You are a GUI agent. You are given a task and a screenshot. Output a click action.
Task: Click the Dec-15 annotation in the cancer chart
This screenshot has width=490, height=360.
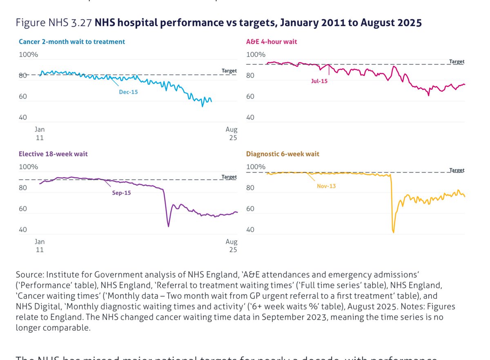128,92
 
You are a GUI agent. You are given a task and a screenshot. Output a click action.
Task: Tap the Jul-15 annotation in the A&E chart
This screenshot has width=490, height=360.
319,81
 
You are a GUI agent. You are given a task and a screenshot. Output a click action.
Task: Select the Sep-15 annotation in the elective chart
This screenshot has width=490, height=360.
121,193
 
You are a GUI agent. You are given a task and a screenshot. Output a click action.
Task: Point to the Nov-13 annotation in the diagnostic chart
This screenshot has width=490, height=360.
326,186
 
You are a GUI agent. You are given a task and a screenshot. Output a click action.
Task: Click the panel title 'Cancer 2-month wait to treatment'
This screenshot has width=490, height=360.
72,42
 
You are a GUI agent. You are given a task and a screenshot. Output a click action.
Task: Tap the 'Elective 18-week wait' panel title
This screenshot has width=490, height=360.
53,154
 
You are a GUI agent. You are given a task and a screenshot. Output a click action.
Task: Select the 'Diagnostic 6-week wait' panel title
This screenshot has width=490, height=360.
283,154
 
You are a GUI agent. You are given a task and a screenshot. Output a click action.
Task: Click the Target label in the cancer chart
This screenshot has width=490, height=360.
229,71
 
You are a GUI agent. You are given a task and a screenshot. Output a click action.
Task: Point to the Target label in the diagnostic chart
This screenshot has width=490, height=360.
457,170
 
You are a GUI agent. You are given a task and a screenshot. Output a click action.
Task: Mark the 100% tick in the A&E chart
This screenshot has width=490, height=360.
255,55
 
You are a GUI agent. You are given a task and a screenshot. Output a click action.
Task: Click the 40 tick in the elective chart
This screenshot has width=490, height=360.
23,230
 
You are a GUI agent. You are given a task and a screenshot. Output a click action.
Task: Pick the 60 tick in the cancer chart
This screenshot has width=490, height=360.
23,97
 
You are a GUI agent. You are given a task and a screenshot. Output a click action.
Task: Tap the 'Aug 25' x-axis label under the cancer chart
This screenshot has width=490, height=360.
231,133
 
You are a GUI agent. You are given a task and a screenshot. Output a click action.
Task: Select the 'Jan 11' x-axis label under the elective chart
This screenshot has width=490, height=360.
40,246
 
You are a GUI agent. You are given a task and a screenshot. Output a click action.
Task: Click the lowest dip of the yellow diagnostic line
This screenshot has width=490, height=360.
393,232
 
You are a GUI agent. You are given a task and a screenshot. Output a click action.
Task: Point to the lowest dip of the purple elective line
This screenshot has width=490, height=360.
168,226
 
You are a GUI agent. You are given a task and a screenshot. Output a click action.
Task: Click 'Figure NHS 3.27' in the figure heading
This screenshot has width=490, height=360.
54,23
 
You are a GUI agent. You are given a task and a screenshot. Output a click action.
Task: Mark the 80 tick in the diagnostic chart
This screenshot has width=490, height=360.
250,188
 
